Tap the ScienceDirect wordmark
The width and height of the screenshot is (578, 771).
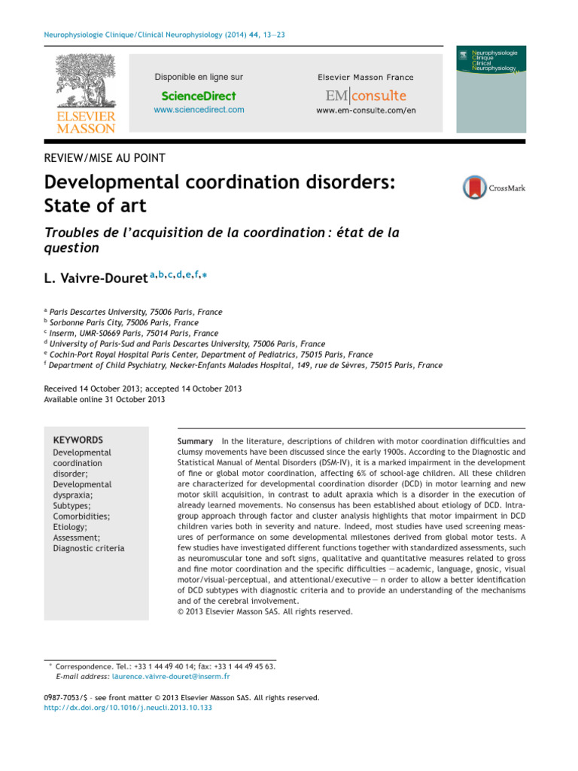pos(199,96)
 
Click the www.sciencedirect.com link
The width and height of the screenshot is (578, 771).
pos(199,110)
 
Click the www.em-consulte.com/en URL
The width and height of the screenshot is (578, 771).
pos(366,111)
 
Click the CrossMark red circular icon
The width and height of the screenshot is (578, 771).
pos(475,187)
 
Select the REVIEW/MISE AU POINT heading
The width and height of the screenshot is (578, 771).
pos(105,157)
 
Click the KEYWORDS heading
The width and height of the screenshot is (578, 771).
pos(78,440)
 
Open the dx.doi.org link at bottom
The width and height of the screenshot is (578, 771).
pos(129,708)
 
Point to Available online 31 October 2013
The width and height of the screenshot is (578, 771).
pos(105,399)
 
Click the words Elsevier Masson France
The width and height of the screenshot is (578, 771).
pos(365,78)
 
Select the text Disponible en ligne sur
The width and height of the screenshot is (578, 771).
pos(199,77)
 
